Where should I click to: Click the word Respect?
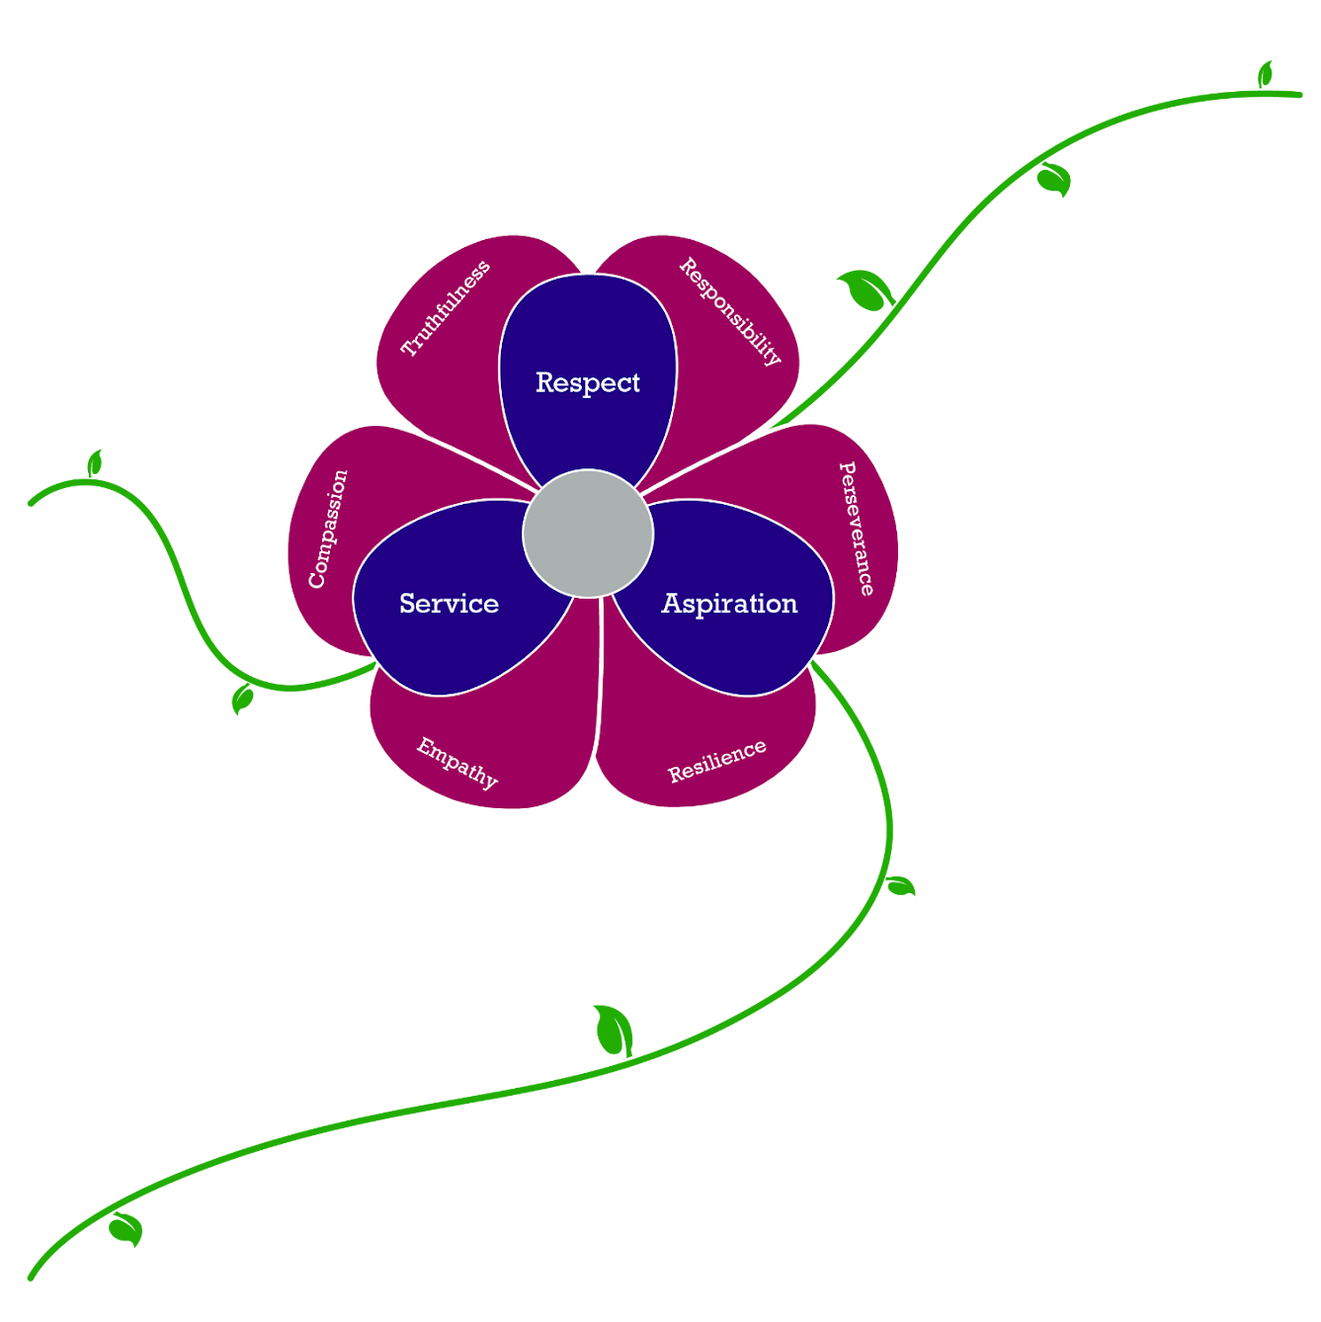[x=588, y=382]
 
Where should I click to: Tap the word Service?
[x=449, y=603]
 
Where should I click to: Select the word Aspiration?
[x=729, y=604]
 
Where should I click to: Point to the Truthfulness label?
[x=446, y=308]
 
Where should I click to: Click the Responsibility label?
[x=730, y=311]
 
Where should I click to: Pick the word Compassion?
[x=328, y=529]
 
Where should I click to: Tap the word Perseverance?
[x=857, y=529]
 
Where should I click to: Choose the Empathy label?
[x=457, y=763]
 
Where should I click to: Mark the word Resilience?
[x=717, y=761]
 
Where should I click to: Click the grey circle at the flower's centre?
[x=588, y=534]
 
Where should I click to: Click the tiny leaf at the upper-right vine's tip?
[x=1265, y=74]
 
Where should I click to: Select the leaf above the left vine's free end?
[x=95, y=463]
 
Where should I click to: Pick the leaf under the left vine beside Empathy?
[x=242, y=700]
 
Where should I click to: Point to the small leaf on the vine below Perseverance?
[x=900, y=885]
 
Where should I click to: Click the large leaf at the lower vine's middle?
[x=615, y=1030]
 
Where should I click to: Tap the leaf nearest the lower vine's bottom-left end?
[x=126, y=1229]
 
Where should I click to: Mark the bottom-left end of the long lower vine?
[x=31, y=1278]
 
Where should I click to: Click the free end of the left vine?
[x=31, y=504]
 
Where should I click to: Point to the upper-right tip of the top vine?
[x=1299, y=95]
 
